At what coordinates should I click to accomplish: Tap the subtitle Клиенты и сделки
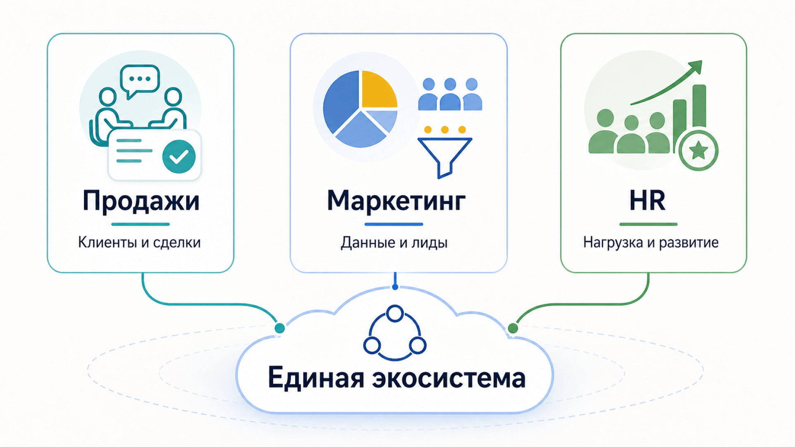pyautogui.click(x=140, y=242)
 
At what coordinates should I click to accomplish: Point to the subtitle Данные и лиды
pyautogui.click(x=394, y=243)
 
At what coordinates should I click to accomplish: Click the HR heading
pyautogui.click(x=648, y=201)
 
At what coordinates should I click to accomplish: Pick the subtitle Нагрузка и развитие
pyautogui.click(x=651, y=243)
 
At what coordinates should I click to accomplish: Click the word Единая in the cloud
pyautogui.click(x=316, y=377)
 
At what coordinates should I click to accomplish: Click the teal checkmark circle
pyautogui.click(x=179, y=156)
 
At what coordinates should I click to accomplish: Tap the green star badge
pyautogui.click(x=699, y=150)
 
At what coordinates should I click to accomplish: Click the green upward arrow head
pyautogui.click(x=696, y=67)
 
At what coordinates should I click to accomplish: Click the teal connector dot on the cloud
pyautogui.click(x=280, y=328)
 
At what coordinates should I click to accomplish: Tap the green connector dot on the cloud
pyautogui.click(x=513, y=328)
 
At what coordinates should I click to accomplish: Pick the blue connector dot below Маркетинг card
pyautogui.click(x=395, y=287)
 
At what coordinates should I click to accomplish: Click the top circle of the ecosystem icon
pyautogui.click(x=395, y=314)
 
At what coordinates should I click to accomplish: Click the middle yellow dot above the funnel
pyautogui.click(x=445, y=130)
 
